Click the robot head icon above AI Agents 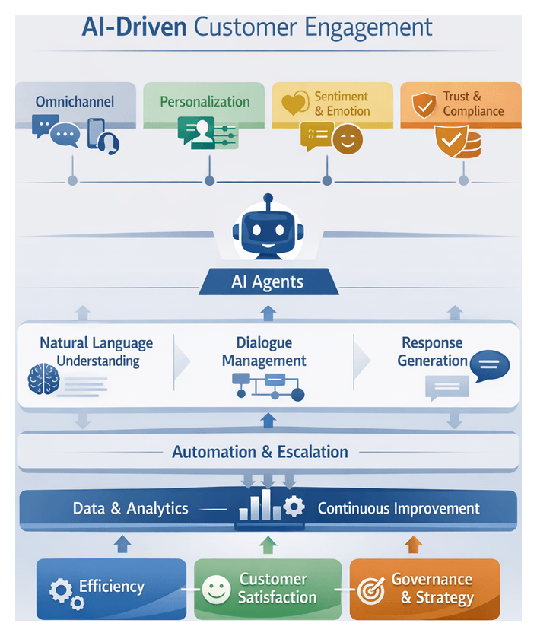pos(266,227)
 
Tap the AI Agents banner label pos(267,282)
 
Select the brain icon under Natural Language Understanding pos(43,378)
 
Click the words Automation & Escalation pos(260,452)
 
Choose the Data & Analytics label pos(130,508)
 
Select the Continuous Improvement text pos(399,508)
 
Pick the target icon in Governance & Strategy pos(370,590)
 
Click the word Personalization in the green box pos(205,101)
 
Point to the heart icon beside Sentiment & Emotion pos(294,104)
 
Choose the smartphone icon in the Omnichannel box pos(97,131)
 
